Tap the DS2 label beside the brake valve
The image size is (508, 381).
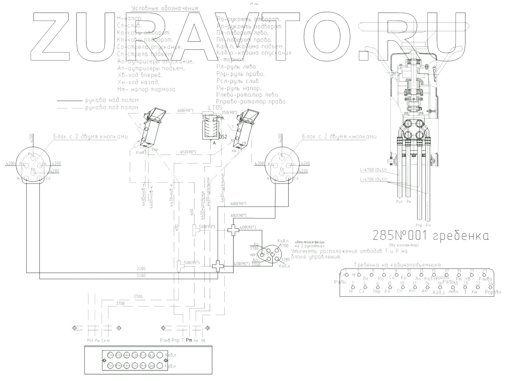coord(223,137)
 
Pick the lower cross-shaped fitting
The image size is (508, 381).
coord(218,266)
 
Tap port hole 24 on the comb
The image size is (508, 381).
coord(491,287)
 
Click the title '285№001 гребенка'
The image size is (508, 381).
coord(431,236)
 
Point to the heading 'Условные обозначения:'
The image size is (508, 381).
coord(165,8)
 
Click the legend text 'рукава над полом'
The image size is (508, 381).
coord(112,100)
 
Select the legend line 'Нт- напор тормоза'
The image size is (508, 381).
coord(146,89)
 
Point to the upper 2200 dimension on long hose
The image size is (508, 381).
coord(141,269)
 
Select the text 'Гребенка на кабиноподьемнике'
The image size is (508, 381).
coord(398,265)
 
